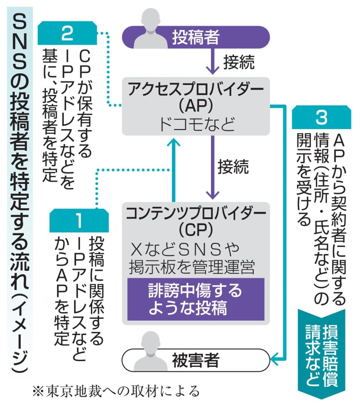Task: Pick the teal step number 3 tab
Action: (x=321, y=117)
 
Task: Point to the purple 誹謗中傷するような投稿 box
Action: (x=195, y=300)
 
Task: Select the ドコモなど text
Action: (x=195, y=124)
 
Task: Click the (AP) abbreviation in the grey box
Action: (x=195, y=107)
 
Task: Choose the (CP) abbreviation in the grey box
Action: (x=195, y=230)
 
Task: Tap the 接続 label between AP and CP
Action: (x=233, y=166)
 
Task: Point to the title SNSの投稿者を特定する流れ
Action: (x=18, y=171)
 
